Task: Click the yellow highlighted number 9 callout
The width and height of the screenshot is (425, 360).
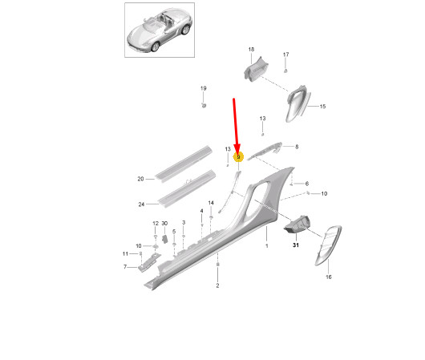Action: tap(237, 157)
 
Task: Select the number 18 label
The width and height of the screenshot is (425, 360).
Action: tap(250, 50)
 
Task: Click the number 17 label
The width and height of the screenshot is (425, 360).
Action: tap(285, 55)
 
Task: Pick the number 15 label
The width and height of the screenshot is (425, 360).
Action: tap(323, 107)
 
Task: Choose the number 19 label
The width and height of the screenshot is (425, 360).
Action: tap(203, 87)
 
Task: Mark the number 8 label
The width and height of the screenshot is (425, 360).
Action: tap(296, 147)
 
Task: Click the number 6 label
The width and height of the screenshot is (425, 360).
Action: tap(306, 184)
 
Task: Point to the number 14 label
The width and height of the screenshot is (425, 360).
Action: tap(211, 203)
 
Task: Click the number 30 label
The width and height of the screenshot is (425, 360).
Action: tap(164, 223)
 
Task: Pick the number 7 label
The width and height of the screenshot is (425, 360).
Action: tap(125, 266)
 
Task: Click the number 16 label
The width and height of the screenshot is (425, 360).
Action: tap(328, 277)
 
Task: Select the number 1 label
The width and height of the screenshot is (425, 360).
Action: tap(266, 248)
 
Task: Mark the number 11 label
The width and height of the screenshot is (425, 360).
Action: tap(124, 253)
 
